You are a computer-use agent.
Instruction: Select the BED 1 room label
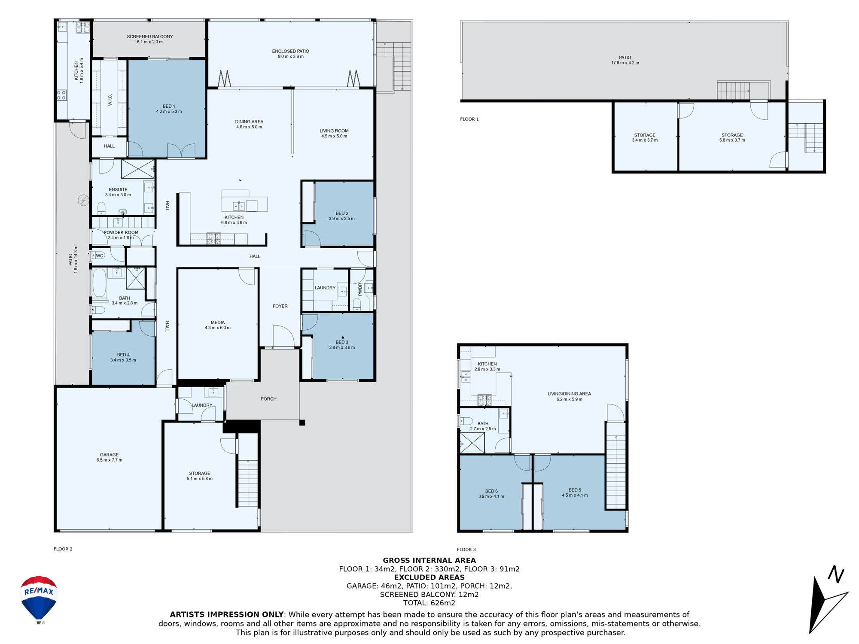point(169,106)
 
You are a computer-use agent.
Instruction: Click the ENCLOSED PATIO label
point(290,51)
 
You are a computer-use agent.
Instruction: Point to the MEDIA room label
point(218,322)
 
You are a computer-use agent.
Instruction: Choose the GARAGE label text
point(109,455)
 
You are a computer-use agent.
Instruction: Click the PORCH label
point(268,399)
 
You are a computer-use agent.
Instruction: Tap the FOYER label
point(280,306)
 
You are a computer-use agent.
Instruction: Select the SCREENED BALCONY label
point(150,36)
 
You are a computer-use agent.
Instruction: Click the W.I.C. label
point(110,100)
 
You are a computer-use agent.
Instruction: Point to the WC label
point(100,255)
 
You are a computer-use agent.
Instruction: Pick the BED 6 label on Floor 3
point(491,491)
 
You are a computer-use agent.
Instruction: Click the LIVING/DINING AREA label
point(569,394)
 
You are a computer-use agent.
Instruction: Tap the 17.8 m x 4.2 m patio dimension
point(625,63)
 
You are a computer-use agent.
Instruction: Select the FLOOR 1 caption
point(469,119)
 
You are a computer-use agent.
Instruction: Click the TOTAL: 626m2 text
point(429,603)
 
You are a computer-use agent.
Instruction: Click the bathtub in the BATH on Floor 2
point(100,283)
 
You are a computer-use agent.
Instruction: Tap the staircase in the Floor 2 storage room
point(248,483)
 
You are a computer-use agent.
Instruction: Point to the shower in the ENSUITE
point(138,169)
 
